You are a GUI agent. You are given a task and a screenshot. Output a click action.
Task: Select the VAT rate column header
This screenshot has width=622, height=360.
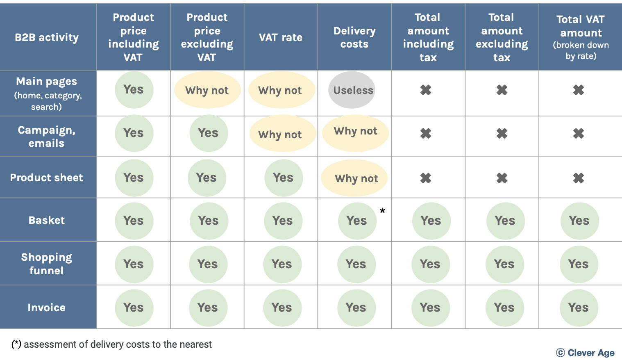click(281, 37)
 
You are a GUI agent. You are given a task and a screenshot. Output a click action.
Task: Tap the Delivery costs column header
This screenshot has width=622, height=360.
click(354, 37)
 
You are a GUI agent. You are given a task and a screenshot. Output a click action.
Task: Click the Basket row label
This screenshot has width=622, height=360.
click(47, 220)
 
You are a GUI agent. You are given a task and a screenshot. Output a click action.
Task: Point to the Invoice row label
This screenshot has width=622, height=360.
click(47, 308)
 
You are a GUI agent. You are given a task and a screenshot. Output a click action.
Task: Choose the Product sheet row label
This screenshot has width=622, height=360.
click(47, 178)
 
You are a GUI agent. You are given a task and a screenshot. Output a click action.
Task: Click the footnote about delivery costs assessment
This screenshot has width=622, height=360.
click(112, 344)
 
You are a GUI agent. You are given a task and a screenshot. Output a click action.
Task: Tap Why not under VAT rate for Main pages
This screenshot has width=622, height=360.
click(280, 90)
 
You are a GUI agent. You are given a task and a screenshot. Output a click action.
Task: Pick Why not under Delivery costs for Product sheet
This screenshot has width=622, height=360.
click(355, 178)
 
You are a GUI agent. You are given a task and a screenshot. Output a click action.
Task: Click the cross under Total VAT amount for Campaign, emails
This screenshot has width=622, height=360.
click(579, 133)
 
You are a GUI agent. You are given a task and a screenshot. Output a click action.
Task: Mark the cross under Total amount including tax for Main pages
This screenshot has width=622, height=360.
click(426, 90)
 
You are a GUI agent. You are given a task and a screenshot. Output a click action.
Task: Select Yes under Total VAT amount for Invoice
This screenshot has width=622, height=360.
click(579, 308)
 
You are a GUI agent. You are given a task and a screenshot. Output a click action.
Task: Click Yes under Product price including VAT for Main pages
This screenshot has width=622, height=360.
click(134, 89)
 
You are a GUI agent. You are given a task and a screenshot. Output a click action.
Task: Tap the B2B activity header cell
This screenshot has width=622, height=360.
click(47, 37)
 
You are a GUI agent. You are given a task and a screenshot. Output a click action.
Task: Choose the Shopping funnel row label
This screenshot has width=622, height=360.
click(47, 264)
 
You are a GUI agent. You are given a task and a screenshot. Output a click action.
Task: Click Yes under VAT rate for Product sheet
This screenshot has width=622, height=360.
click(283, 178)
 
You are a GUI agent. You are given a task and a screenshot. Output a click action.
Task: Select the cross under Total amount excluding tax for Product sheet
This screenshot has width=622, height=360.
click(502, 178)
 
